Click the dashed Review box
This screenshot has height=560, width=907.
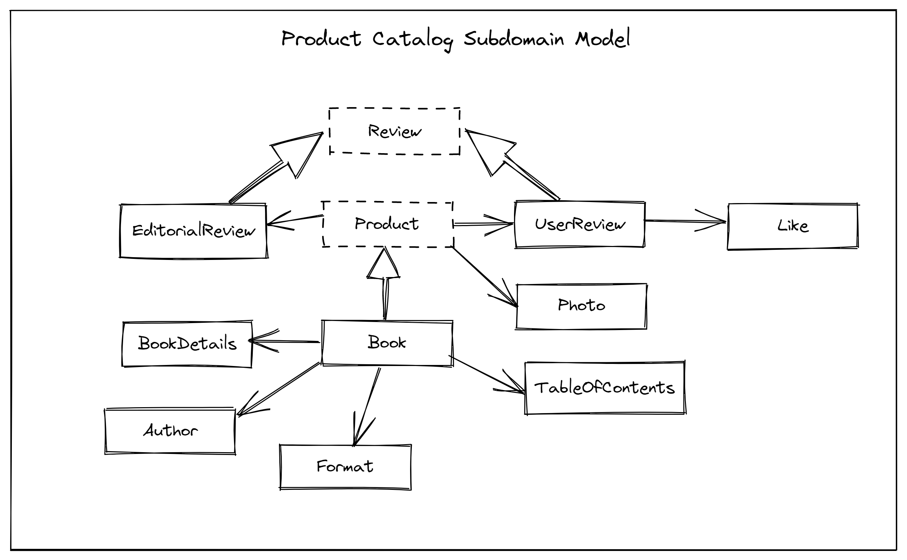tap(394, 131)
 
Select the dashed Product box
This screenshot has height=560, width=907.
tap(387, 224)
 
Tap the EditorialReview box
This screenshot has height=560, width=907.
tap(193, 231)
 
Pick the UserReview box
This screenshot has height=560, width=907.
tap(580, 224)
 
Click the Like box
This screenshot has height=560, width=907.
tap(792, 226)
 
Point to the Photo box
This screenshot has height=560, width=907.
tap(581, 306)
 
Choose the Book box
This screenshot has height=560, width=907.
tap(387, 343)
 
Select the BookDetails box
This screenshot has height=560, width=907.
tap(187, 344)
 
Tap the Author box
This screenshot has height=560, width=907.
tap(170, 431)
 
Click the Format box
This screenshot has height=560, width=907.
tap(345, 467)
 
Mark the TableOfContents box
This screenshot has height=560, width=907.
tap(605, 388)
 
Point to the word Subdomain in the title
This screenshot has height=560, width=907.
tap(514, 39)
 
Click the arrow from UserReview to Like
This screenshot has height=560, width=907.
tap(685, 222)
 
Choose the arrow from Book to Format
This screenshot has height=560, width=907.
tap(366, 408)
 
